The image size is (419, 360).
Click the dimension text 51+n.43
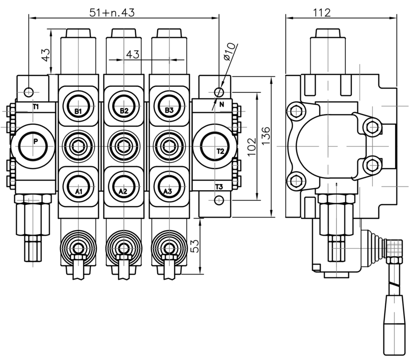(112, 13)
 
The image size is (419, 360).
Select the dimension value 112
(322, 13)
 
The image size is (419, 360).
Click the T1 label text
(36, 107)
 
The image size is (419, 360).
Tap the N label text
(222, 104)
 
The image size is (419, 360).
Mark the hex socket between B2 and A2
(124, 146)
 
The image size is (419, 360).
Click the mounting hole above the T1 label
(28, 91)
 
